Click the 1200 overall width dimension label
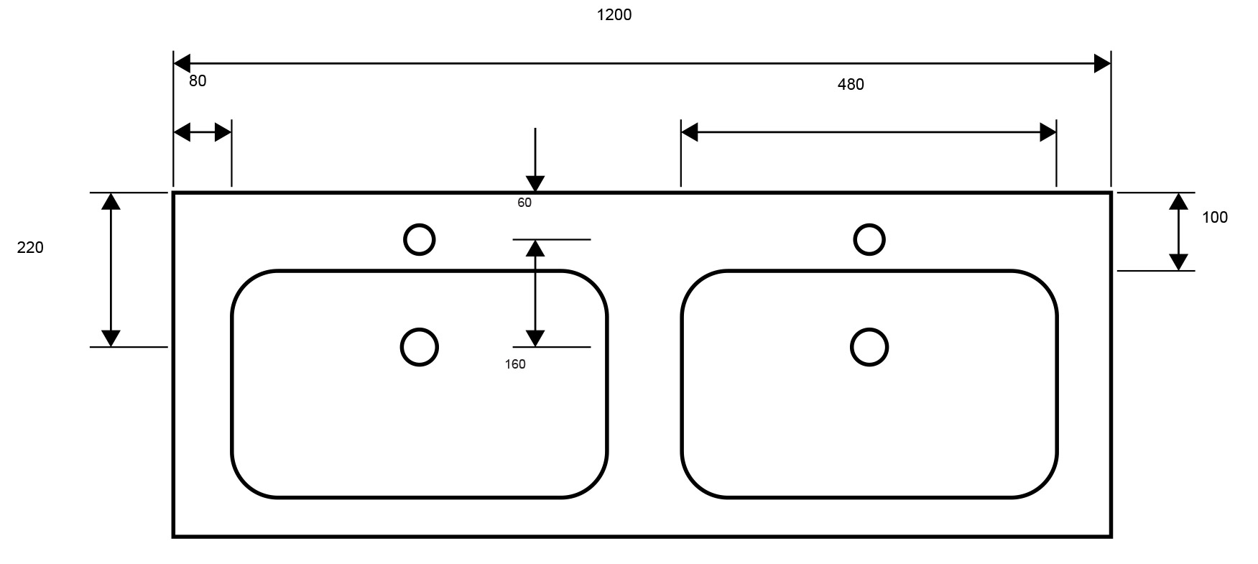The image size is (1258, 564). (x=614, y=14)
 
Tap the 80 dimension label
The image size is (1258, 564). (x=198, y=81)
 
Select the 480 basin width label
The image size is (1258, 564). (x=851, y=85)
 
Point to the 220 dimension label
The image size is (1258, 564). (x=30, y=248)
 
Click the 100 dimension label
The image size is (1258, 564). (x=1215, y=217)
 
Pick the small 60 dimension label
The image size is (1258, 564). (x=524, y=203)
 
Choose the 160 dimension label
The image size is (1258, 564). (x=515, y=364)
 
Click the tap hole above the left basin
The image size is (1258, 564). (x=420, y=239)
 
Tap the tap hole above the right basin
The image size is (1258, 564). (x=869, y=239)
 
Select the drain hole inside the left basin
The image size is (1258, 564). (x=420, y=347)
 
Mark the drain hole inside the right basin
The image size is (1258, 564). (x=869, y=347)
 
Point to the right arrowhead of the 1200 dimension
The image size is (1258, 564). (x=1102, y=63)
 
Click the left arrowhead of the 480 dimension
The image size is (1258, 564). (x=690, y=132)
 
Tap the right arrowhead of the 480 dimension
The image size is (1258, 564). (x=1048, y=132)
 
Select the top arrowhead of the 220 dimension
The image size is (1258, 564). (x=111, y=201)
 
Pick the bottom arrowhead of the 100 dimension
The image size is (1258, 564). (x=1178, y=262)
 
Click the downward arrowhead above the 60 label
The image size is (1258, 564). (x=535, y=184)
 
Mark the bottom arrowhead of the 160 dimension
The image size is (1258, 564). (x=535, y=338)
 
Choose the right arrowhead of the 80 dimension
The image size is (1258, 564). (x=223, y=132)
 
